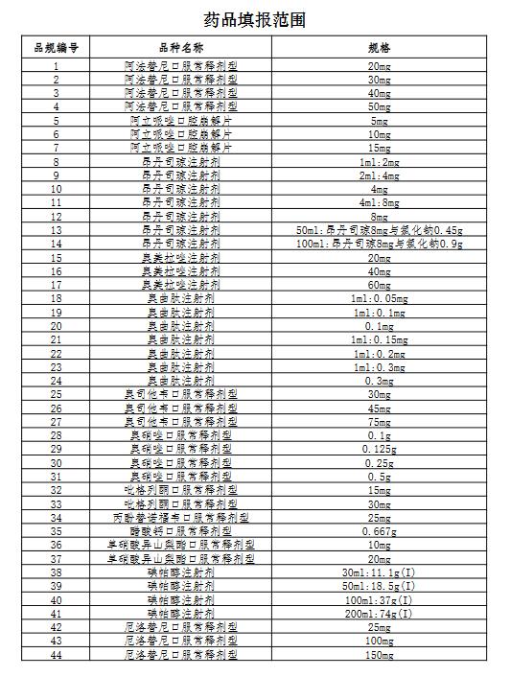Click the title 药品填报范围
255,18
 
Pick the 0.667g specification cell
380,530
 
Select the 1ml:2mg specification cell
380,163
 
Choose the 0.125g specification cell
380,449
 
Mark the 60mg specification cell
380,286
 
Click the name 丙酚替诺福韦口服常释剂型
181,517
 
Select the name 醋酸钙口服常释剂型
181,530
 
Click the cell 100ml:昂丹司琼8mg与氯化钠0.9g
380,245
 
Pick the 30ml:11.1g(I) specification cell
380,572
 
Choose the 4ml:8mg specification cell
380,203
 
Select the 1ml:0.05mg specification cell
380,299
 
